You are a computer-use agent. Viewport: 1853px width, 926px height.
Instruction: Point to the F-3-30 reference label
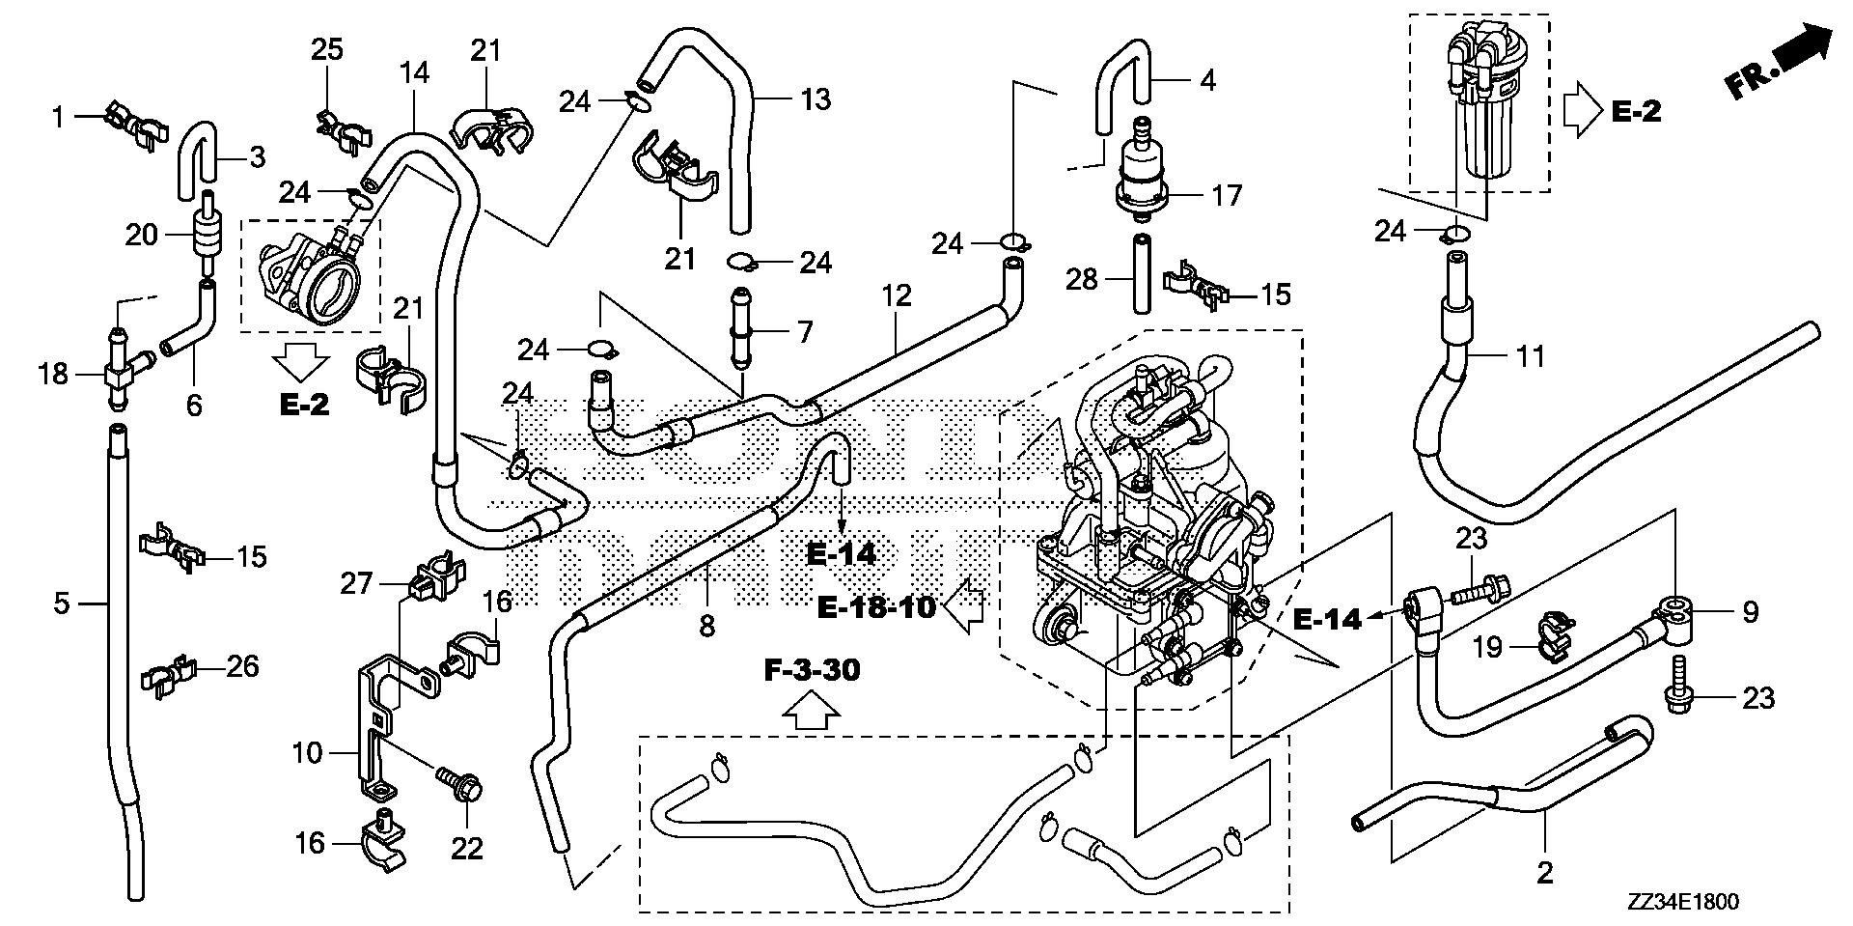[x=812, y=670]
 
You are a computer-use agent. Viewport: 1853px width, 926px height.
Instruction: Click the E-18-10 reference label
[x=876, y=608]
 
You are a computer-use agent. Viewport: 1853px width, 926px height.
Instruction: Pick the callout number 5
[x=61, y=604]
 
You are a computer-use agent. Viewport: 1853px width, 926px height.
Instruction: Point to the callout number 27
[x=356, y=583]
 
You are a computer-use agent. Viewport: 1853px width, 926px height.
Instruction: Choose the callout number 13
[x=816, y=99]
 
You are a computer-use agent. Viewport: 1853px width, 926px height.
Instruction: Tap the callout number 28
[x=1082, y=280]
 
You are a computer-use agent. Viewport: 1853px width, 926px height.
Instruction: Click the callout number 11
[x=1530, y=356]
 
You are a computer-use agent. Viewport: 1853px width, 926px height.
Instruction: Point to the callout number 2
[x=1545, y=874]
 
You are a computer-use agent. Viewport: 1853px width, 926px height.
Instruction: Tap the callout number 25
[x=326, y=50]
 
